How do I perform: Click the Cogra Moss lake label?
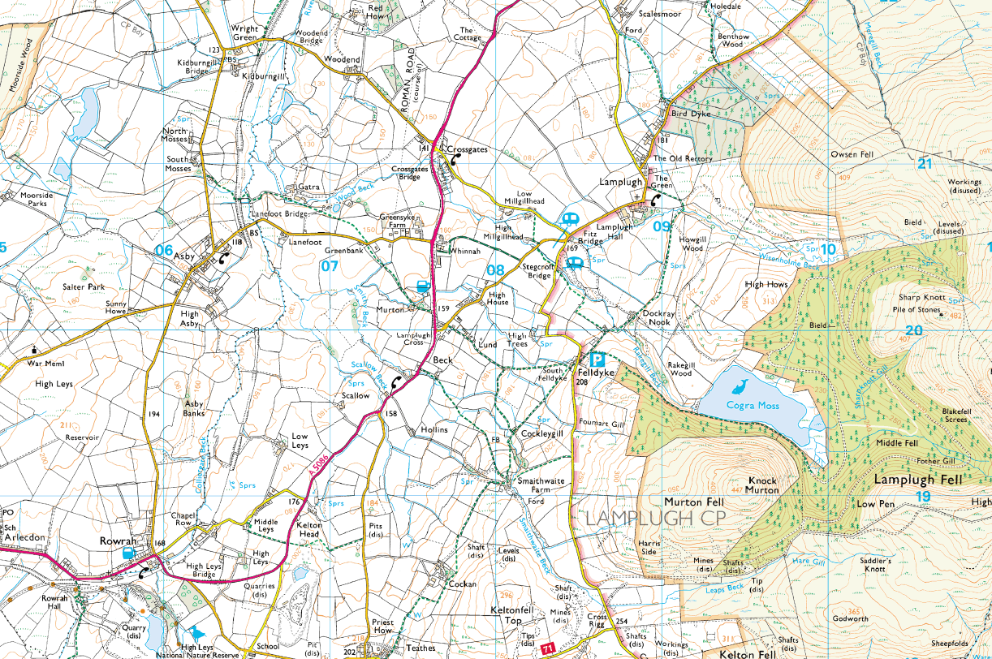click(x=753, y=405)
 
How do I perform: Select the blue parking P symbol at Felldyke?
click(x=598, y=359)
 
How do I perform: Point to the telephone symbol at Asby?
click(x=222, y=259)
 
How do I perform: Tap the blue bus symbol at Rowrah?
click(x=127, y=552)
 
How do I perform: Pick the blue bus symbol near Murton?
click(x=423, y=286)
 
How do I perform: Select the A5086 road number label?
click(x=320, y=471)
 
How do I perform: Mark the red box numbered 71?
click(x=549, y=648)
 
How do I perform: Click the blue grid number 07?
click(x=329, y=265)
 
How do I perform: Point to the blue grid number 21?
click(x=924, y=163)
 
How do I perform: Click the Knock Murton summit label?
click(x=762, y=485)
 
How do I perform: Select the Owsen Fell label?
click(x=851, y=154)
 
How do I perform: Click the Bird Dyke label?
click(x=690, y=114)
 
